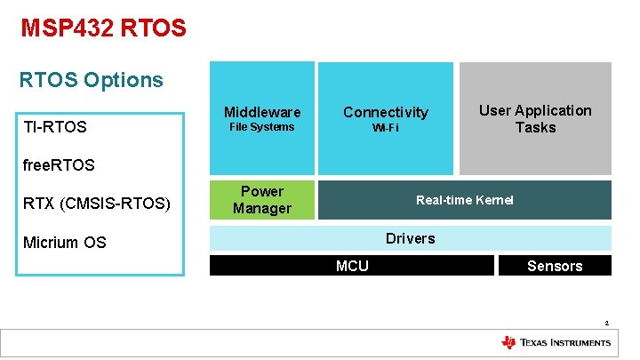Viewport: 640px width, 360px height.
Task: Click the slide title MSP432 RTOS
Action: tap(103, 28)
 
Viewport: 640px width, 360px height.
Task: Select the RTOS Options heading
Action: tap(92, 80)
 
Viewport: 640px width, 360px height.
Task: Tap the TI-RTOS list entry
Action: tap(55, 127)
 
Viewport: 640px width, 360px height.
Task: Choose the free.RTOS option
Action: tap(59, 164)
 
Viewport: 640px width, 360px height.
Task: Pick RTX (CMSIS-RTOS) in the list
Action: tap(97, 204)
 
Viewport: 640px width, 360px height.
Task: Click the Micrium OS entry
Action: tap(65, 242)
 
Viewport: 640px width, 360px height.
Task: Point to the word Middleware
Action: tap(262, 112)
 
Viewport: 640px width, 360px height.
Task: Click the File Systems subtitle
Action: tap(261, 127)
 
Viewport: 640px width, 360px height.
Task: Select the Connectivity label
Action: tap(386, 112)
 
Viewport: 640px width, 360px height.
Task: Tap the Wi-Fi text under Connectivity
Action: tap(386, 128)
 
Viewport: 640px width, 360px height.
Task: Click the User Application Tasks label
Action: tap(535, 118)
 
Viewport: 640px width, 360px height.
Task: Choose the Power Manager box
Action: tap(262, 200)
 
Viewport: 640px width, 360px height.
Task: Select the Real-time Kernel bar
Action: tap(465, 200)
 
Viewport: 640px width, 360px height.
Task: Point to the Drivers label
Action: tap(410, 238)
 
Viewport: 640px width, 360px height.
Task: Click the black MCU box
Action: tap(352, 266)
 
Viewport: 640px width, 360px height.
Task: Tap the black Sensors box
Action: tap(555, 266)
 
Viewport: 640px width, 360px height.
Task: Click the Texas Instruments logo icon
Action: tap(508, 342)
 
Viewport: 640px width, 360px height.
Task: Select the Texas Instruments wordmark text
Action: tap(565, 342)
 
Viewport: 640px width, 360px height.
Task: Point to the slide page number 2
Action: tap(606, 323)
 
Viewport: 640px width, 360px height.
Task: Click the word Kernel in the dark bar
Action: tap(494, 200)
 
